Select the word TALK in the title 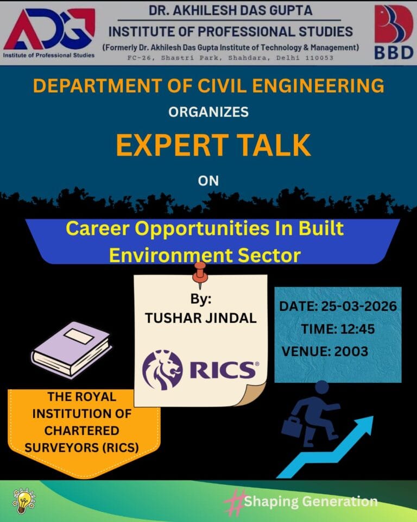[275, 145]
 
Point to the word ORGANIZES [208, 112]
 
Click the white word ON [208, 181]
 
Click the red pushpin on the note [200, 271]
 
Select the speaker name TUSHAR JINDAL [200, 318]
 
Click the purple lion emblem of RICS [162, 370]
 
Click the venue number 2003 [351, 351]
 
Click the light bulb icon [22, 502]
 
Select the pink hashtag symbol [235, 501]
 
